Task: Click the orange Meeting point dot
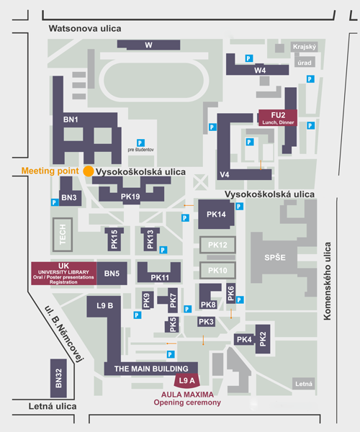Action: pos(89,171)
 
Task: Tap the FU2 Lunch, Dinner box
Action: pos(278,118)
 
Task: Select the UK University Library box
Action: pos(64,274)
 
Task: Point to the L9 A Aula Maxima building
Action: pos(187,380)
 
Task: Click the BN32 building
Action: pos(58,378)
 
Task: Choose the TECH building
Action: pos(63,235)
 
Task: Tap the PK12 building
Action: pos(217,245)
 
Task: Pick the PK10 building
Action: pos(217,270)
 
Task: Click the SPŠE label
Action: pos(275,258)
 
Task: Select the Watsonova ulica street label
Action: pos(85,28)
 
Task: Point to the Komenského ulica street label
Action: pos(327,282)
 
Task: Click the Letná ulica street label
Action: pos(53,406)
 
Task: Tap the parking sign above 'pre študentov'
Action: pos(140,143)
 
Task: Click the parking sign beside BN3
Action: pos(55,202)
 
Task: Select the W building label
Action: pos(148,45)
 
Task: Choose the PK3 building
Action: pos(206,322)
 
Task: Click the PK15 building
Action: pos(114,239)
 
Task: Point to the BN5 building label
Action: pos(112,274)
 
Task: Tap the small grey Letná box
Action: pos(304,384)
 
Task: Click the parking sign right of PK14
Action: pos(239,206)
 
